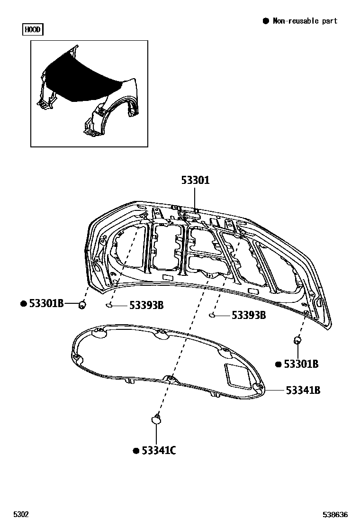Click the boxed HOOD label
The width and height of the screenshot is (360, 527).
[33, 30]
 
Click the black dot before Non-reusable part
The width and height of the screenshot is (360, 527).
[266, 21]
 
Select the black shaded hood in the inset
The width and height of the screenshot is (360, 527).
[81, 76]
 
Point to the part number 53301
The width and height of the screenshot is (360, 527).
[195, 181]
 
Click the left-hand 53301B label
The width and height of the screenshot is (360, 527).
[46, 303]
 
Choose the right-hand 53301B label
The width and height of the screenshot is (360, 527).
[301, 364]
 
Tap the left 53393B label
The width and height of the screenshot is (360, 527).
[146, 306]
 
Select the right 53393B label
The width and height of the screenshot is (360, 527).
[248, 315]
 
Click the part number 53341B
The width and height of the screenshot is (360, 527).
[303, 390]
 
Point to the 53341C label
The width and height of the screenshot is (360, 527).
[159, 451]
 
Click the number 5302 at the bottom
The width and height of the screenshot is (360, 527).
[21, 515]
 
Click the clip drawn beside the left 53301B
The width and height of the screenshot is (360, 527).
[82, 304]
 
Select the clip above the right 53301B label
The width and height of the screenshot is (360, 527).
[298, 339]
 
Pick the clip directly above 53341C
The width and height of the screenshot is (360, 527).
[156, 418]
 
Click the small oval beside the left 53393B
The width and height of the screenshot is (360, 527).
[109, 305]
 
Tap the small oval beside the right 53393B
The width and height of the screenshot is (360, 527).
[212, 315]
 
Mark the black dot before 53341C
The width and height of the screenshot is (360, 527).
[135, 451]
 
